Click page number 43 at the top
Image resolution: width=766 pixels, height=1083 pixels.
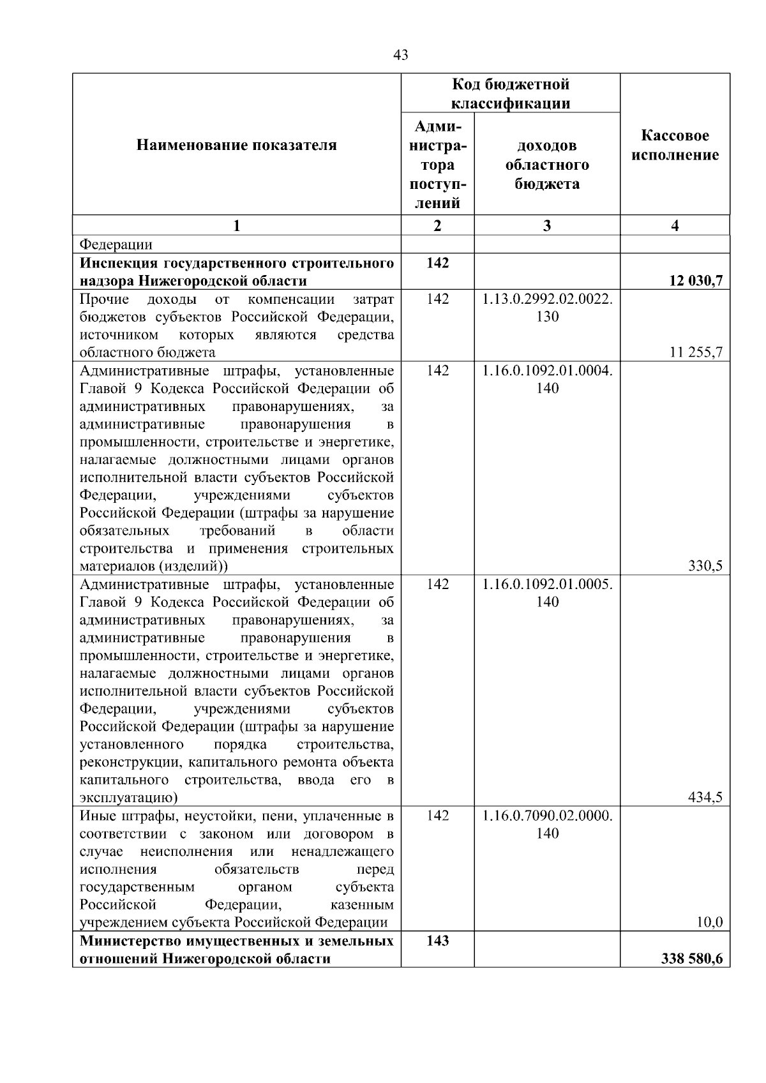click(401, 56)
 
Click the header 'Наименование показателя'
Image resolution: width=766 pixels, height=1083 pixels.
click(236, 146)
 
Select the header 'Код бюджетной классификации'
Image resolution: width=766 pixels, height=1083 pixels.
click(511, 94)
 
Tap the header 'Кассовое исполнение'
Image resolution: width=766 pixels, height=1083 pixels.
click(675, 146)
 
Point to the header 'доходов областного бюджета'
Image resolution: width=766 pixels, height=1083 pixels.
click(547, 165)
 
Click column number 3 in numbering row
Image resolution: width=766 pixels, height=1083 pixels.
click(547, 225)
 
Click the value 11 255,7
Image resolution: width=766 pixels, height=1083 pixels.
click(696, 352)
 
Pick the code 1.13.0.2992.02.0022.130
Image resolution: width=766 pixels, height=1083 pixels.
click(547, 308)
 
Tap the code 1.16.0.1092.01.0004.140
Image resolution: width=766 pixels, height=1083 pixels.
click(547, 379)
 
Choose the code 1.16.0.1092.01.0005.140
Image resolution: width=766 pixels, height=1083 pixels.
click(547, 593)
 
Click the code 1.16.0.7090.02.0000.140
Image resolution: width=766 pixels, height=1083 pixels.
click(547, 824)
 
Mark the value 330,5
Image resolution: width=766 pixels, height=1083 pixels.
click(705, 566)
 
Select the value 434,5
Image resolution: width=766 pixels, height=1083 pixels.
click(705, 797)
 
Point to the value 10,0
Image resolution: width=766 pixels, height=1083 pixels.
click(709, 922)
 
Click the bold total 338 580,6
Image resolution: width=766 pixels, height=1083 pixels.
click(692, 959)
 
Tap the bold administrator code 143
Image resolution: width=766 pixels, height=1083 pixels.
click(437, 941)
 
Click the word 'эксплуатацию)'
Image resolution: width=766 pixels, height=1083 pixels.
click(128, 798)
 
